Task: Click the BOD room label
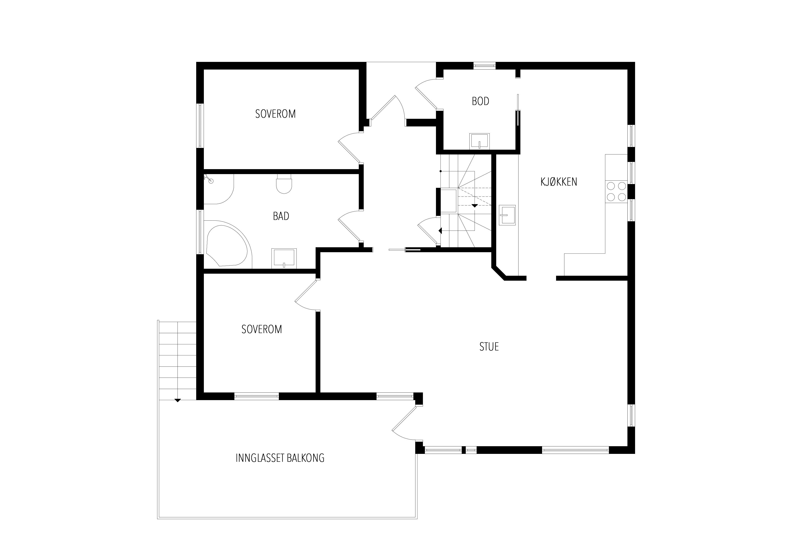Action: click(480, 101)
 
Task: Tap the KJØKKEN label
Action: click(559, 182)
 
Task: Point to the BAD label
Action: click(281, 216)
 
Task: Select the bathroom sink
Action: click(284, 258)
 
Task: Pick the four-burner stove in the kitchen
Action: click(616, 191)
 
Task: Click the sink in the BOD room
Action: click(480, 141)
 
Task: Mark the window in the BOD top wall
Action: click(484, 65)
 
